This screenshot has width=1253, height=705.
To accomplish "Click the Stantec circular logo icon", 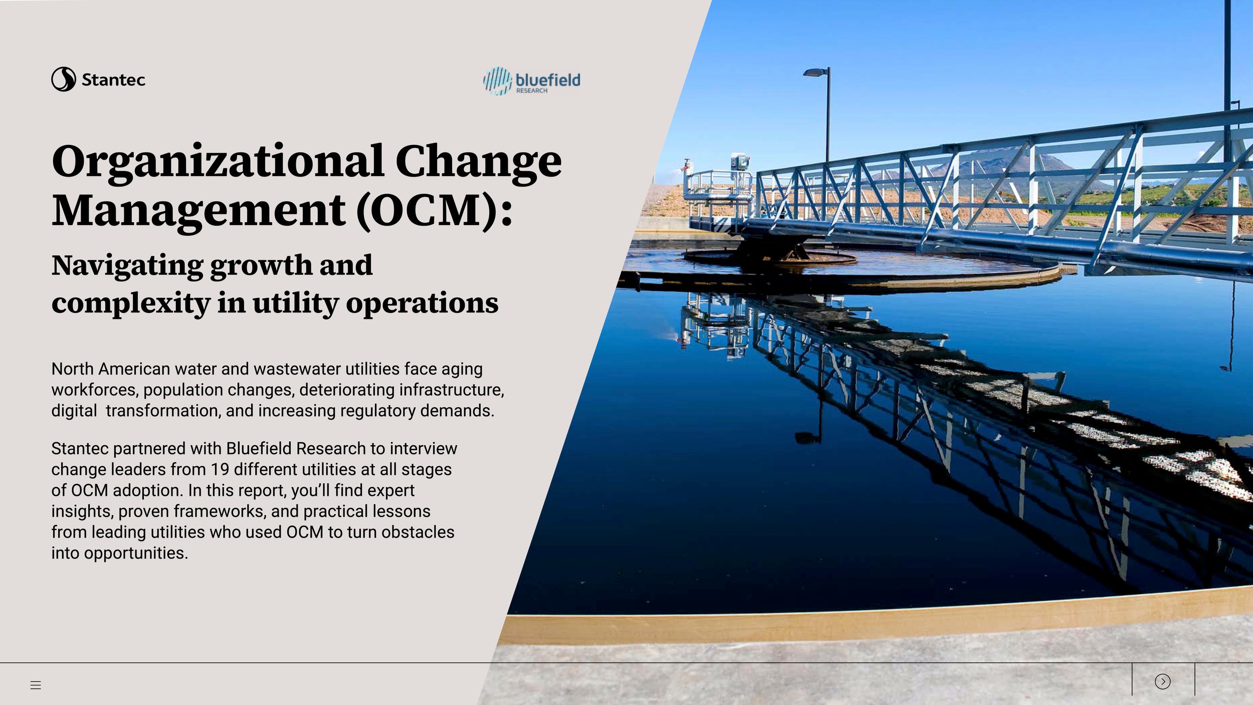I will (x=64, y=79).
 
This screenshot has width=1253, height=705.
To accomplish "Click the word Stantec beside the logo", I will (x=113, y=80).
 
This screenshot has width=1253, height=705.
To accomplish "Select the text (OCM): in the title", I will (x=435, y=211).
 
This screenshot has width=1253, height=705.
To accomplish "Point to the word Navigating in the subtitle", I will (x=127, y=266).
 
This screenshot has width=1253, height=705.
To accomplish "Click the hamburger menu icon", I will (x=36, y=685).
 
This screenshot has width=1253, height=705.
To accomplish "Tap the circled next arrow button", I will (x=1162, y=681).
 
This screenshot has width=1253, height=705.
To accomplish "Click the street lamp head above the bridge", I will (x=814, y=73).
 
